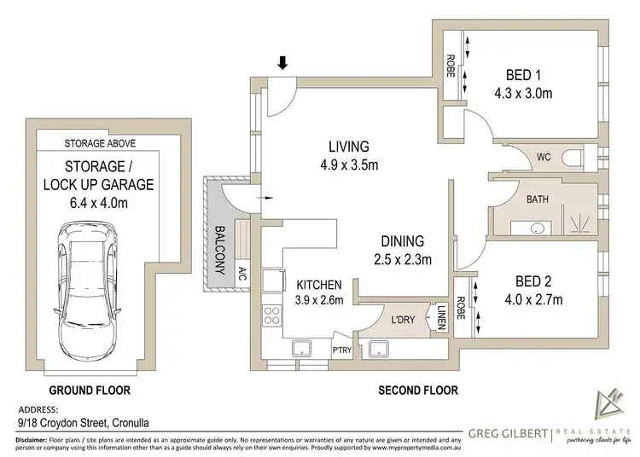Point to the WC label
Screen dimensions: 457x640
[543, 159]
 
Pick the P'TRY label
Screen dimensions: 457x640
[343, 350]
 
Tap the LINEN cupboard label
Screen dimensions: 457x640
[442, 318]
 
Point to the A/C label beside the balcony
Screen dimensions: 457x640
[242, 275]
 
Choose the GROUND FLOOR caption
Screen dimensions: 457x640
[89, 390]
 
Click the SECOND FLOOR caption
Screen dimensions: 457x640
[418, 390]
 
